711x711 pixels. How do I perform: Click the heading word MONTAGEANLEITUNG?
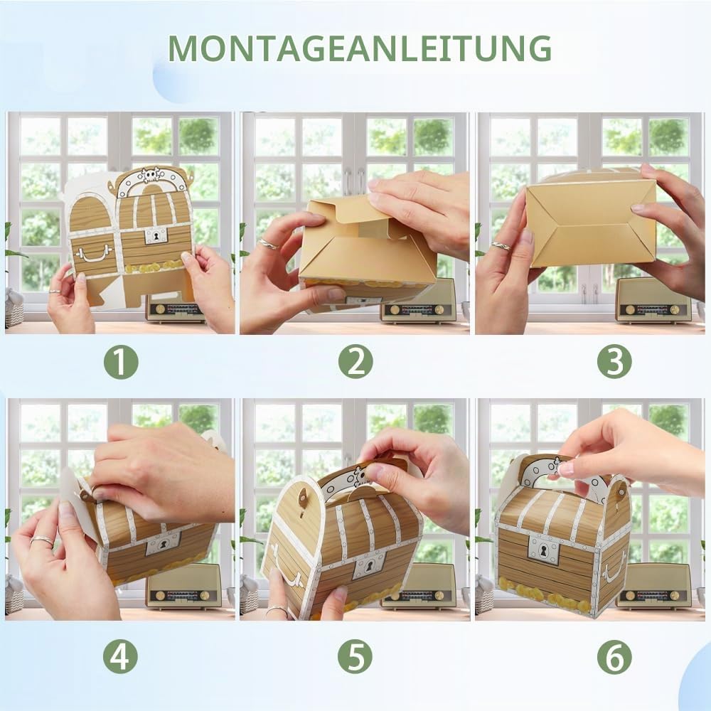[x=360, y=48]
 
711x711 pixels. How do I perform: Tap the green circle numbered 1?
[x=121, y=362]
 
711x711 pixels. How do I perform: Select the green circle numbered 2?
[x=355, y=362]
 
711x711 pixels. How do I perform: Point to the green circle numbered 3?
[x=614, y=362]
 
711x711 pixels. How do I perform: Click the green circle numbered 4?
[x=120, y=656]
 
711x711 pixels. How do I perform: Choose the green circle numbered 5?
[x=355, y=656]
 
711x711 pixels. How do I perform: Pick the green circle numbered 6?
[x=614, y=656]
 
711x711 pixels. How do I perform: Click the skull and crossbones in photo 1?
[x=151, y=176]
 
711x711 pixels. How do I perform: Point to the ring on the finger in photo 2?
[x=268, y=245]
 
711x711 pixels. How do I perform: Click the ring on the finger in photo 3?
[x=501, y=245]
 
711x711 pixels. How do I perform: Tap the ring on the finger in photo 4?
[x=42, y=540]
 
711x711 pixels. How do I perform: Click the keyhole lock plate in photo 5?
[x=369, y=565]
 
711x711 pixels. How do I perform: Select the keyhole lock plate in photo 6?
[x=542, y=551]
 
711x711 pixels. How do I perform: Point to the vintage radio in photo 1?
[x=175, y=309]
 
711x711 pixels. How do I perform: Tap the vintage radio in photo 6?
[x=654, y=585]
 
